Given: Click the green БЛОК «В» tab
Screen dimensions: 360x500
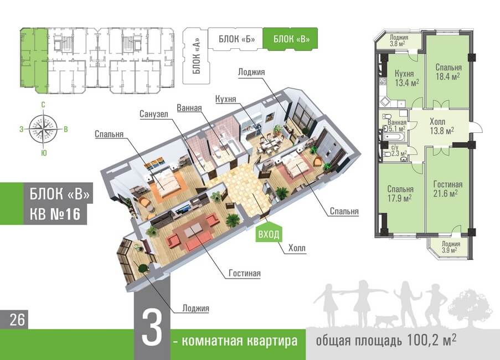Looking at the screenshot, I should pyautogui.click(x=290, y=39).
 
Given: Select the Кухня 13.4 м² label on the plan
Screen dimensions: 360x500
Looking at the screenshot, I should pyautogui.click(x=406, y=78).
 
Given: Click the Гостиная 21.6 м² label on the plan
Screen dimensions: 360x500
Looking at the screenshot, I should pyautogui.click(x=448, y=189).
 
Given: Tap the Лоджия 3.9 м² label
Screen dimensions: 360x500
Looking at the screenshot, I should pyautogui.click(x=447, y=247).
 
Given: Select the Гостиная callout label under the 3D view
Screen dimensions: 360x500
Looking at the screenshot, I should pyautogui.click(x=244, y=274).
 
